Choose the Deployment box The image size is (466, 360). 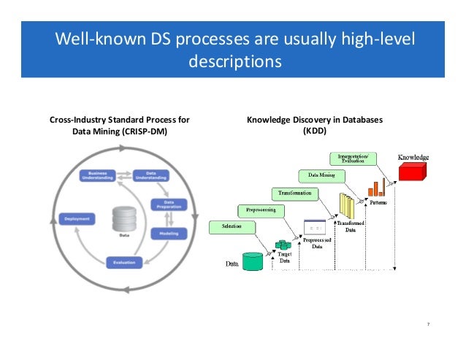click(77, 218)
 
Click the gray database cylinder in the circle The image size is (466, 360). click(123, 220)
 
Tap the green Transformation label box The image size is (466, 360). click(295, 193)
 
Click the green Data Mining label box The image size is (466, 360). click(321, 175)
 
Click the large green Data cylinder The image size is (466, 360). click(252, 261)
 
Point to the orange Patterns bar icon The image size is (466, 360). click(376, 187)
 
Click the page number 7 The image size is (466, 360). click(427, 326)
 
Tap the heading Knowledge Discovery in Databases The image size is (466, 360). click(315, 120)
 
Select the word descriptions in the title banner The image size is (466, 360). click(234, 61)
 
